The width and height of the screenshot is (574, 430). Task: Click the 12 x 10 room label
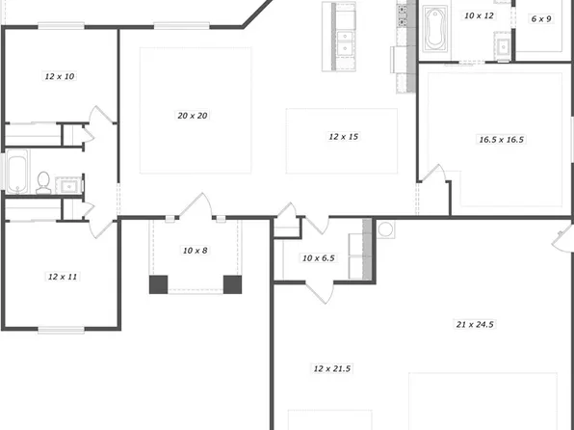(x=60, y=74)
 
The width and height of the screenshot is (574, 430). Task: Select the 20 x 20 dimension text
(x=193, y=116)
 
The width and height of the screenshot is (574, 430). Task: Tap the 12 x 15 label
(x=343, y=137)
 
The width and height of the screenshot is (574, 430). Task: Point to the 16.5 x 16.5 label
(x=501, y=140)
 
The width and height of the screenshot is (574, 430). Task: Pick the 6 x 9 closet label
(x=541, y=18)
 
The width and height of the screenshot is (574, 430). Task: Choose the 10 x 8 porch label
(x=195, y=251)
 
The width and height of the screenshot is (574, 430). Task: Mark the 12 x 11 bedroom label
(x=62, y=277)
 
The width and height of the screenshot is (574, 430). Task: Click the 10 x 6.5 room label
(x=318, y=258)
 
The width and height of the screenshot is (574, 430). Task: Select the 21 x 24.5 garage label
(x=474, y=325)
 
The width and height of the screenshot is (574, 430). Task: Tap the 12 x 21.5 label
(x=331, y=369)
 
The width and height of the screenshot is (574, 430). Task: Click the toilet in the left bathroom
(x=43, y=180)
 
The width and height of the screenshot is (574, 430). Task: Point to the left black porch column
(x=158, y=284)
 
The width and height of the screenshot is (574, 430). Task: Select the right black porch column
(x=232, y=284)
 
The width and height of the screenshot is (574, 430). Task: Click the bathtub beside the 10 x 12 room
(x=434, y=29)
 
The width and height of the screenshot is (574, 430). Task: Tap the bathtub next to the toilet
(x=17, y=174)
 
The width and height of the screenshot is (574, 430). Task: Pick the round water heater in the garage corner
(x=386, y=230)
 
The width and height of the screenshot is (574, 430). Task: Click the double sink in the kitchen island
(x=344, y=34)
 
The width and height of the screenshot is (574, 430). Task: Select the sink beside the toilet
(x=68, y=183)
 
